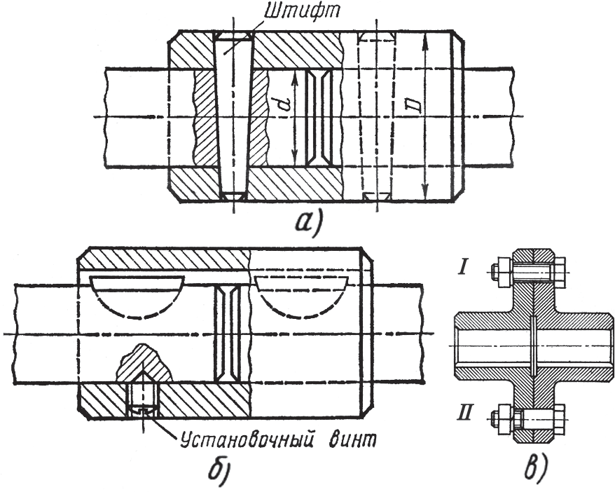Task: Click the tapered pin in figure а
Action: coord(232,116)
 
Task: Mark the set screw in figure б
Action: coord(141,396)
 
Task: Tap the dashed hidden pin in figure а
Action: coord(376,116)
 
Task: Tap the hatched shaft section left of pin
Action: coord(204,116)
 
